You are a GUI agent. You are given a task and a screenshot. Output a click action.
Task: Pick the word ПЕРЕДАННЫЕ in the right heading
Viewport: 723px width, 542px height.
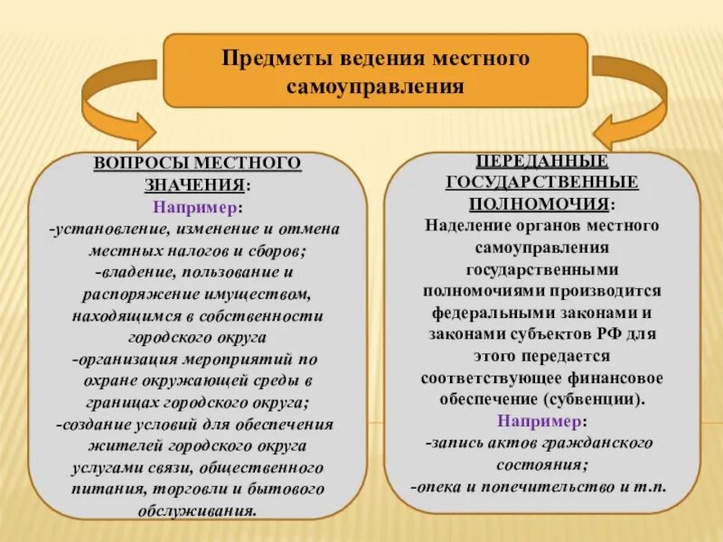[541, 162]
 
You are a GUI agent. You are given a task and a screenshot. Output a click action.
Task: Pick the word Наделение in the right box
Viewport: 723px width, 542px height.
[465, 225]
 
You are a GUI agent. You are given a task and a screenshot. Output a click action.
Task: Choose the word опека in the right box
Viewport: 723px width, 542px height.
[440, 487]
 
